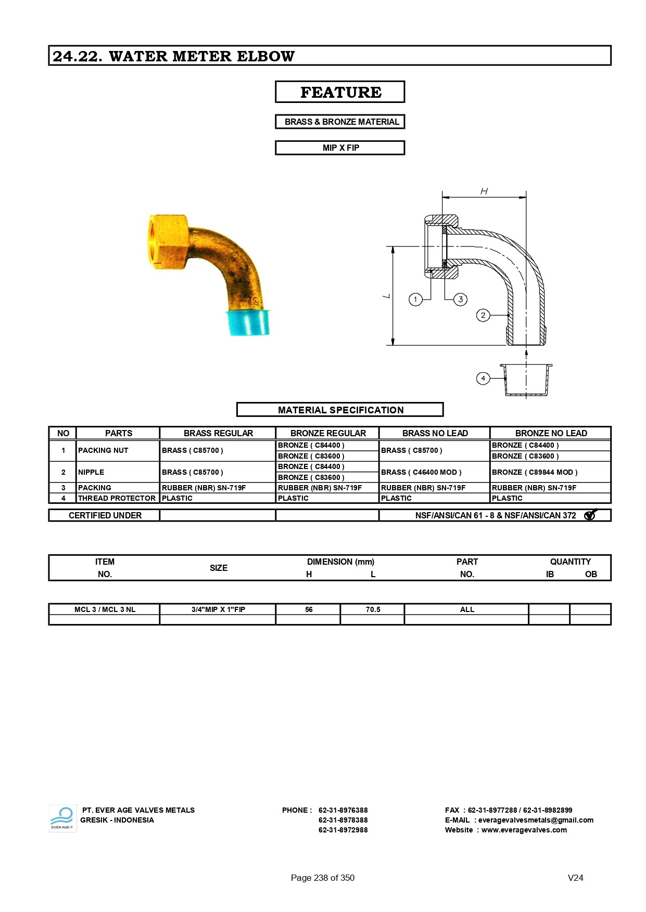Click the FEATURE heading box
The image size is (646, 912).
(340, 92)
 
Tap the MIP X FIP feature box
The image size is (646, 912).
(340, 148)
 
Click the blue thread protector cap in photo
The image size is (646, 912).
(248, 323)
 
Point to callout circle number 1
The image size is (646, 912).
(415, 299)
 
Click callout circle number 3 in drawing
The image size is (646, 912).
(460, 299)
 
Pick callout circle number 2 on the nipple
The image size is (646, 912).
(483, 315)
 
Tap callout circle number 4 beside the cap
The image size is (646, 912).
(483, 379)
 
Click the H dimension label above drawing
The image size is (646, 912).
(484, 191)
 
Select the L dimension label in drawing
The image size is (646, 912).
(386, 296)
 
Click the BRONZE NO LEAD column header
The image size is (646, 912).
(551, 433)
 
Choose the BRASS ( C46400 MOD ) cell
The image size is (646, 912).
(421, 472)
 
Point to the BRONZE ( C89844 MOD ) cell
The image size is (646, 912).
(535, 472)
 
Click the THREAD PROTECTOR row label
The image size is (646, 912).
(117, 498)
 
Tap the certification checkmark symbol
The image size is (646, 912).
(590, 515)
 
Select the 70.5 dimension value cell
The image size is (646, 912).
(373, 609)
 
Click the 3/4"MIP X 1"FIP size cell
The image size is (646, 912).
(218, 609)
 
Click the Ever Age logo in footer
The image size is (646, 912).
(62, 818)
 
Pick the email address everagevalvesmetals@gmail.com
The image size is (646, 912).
(536, 820)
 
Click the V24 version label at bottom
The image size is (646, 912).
(575, 878)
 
